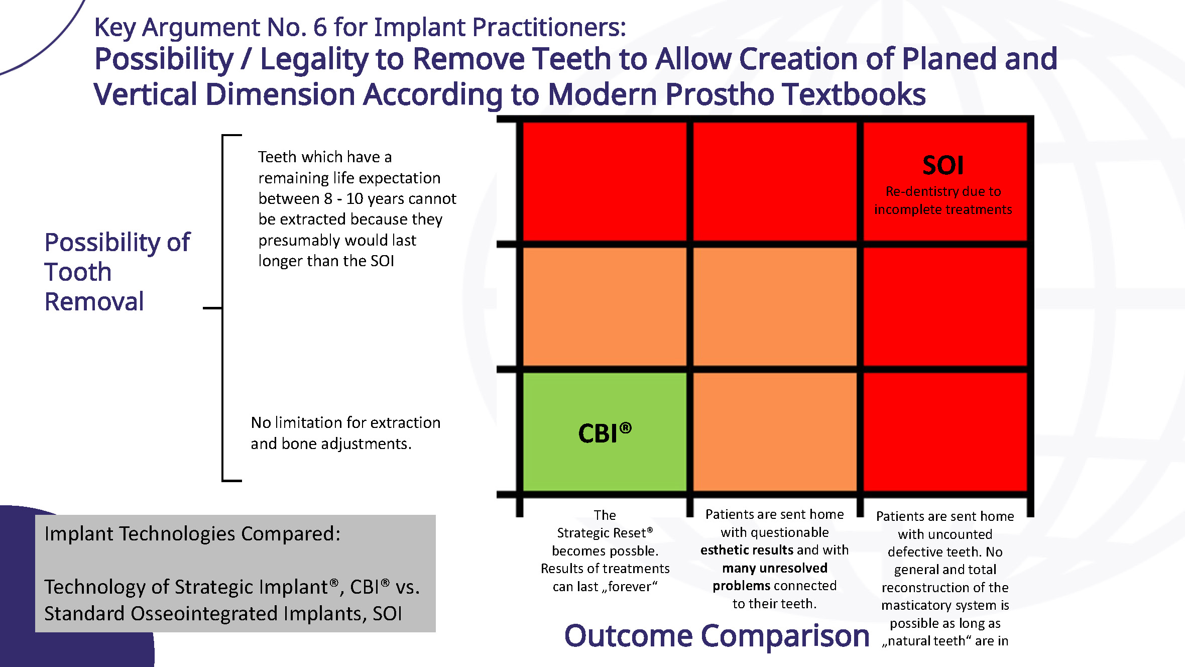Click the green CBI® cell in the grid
coord(605,431)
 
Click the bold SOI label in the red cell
coord(943,165)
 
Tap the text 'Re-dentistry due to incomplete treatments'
coord(943,200)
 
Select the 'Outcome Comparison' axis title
coord(717,636)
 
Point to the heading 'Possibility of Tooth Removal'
coord(117,272)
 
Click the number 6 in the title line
coord(320,27)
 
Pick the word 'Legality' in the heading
coord(314,59)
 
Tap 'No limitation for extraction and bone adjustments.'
coord(345,433)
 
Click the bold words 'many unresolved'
coord(775,568)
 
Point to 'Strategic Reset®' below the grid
coord(605,532)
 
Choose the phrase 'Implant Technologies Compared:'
coord(192,533)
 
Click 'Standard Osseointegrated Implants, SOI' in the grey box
coord(223,613)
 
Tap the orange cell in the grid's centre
coord(775,306)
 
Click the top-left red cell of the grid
coord(605,181)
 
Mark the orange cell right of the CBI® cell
coord(775,431)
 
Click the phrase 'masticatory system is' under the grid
coord(945,605)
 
